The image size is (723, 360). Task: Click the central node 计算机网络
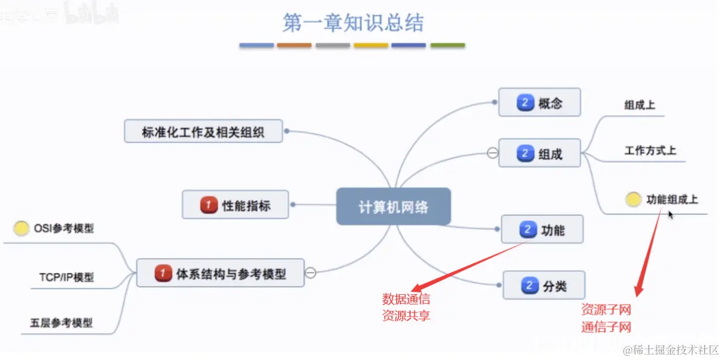(393, 206)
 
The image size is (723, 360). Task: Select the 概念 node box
(539, 103)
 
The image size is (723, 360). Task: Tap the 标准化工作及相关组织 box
(203, 131)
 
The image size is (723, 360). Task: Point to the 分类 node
(543, 285)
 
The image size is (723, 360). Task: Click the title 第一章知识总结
(353, 23)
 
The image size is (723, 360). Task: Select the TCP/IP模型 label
(66, 277)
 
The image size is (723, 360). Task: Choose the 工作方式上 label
(650, 150)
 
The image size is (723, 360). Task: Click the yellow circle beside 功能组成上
(633, 199)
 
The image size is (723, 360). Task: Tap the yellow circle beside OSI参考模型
(21, 229)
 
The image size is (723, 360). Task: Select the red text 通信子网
(606, 327)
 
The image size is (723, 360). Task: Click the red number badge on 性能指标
(208, 205)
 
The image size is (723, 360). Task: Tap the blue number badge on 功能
(528, 229)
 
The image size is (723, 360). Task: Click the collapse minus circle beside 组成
(492, 153)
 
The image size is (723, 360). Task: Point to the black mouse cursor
(671, 213)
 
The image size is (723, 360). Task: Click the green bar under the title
(447, 45)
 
